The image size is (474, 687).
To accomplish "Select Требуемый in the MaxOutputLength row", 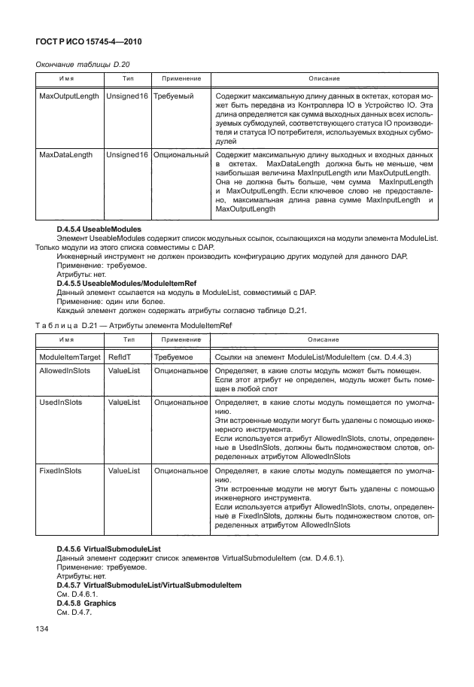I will (x=174, y=97).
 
